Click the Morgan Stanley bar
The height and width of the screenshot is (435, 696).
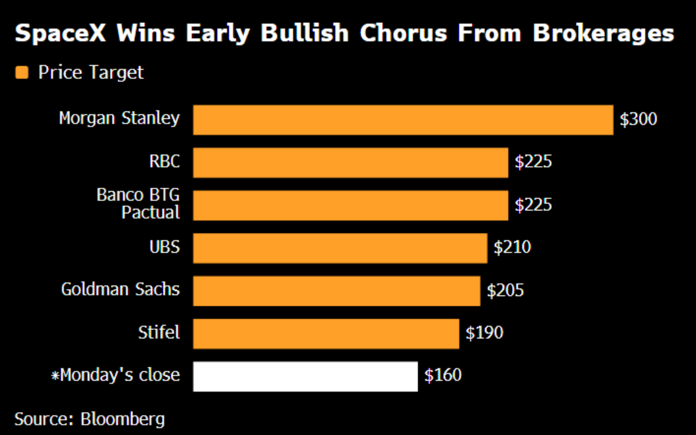click(x=403, y=120)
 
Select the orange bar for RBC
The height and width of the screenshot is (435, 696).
click(x=351, y=163)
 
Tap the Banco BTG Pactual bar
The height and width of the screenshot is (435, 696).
click(x=351, y=205)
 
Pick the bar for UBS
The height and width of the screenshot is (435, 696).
click(x=340, y=248)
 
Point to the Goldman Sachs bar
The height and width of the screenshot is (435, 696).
click(x=336, y=291)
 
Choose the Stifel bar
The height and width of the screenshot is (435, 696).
click(x=326, y=334)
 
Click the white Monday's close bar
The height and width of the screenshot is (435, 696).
click(x=305, y=377)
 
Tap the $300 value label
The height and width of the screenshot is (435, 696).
click(x=638, y=119)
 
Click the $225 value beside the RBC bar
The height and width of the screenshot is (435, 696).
click(x=533, y=161)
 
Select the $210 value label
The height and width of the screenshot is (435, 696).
click(x=512, y=247)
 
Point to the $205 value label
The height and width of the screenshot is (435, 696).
click(x=505, y=290)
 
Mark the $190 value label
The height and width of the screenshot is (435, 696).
click(x=484, y=333)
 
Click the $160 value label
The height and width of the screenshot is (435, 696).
click(x=443, y=375)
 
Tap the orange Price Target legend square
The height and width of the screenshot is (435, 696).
click(x=22, y=72)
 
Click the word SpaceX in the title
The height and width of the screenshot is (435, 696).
click(x=60, y=33)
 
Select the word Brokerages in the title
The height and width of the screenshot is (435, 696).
click(x=603, y=33)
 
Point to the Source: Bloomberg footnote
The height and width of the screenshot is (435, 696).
click(x=90, y=419)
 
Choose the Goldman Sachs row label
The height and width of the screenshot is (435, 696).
click(x=121, y=289)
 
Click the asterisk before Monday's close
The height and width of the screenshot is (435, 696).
click(x=55, y=375)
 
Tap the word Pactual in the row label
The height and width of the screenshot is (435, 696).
click(x=151, y=213)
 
